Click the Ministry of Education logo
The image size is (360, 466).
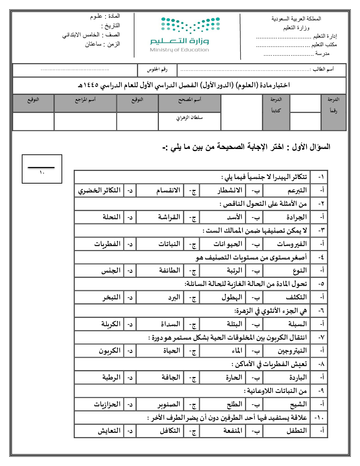coord(185,34)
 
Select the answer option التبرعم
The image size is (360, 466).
coord(297,190)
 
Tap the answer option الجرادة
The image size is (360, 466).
coord(296,217)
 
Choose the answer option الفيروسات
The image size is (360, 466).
coord(292,244)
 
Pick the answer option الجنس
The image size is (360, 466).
coord(111,271)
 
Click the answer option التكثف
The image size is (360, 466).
coord(296,297)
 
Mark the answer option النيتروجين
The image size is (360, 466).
coord(292,351)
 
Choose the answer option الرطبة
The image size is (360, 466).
coord(112,377)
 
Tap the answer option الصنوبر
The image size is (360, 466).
coord(169,404)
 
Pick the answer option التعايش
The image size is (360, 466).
coord(109,431)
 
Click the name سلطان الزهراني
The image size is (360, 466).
coord(190,118)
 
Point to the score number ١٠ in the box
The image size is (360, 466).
coord(42,173)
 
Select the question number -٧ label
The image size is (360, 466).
coord(321,337)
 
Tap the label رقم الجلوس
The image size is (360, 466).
coord(157,70)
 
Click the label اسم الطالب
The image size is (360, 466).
coord(323,69)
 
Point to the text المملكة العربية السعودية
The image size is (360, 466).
coord(296,19)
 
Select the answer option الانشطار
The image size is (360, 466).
coord(230,190)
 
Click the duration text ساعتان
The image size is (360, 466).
coord(93,44)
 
